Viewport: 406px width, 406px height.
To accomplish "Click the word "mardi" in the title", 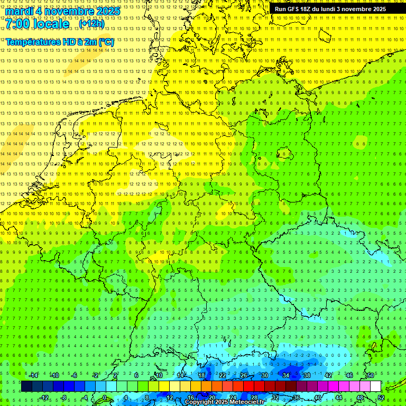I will pos(20,11).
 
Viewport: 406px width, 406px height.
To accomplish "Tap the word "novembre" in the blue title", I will pos(71,11).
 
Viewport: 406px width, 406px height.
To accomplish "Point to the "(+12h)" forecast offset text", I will pos(91,24).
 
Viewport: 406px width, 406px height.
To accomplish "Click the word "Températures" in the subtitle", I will pos(31,42).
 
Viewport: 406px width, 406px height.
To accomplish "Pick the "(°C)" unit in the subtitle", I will pos(106,42).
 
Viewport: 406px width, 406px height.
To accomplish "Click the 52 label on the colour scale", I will pos(381,398).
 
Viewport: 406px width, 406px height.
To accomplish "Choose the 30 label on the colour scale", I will pos(265,375).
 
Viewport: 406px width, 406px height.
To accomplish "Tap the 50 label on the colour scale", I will pos(371,375).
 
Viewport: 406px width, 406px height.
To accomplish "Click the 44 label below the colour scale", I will pos(339,398).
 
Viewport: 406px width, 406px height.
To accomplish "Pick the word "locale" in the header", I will pos(51,24).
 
